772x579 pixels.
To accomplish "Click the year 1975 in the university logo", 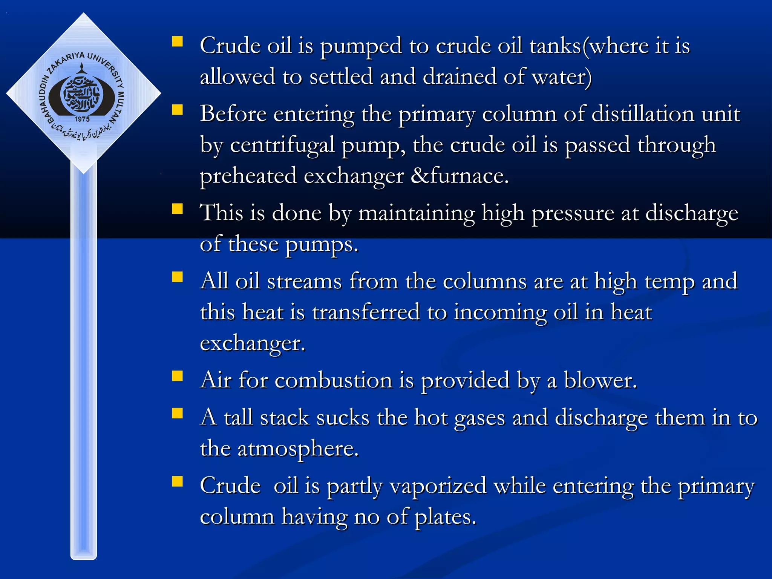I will (x=82, y=119).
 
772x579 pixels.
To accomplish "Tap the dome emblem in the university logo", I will (x=82, y=92).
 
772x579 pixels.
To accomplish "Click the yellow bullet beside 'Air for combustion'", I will (x=177, y=376).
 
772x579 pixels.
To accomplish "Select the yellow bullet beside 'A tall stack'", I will (x=177, y=414).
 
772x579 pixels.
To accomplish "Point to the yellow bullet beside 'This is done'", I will (x=177, y=209).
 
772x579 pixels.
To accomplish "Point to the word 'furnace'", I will (x=469, y=176).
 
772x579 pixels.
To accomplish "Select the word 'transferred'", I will (x=366, y=312).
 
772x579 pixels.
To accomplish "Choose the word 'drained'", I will (x=460, y=77).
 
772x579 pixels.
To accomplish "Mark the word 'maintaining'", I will (x=416, y=213).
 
